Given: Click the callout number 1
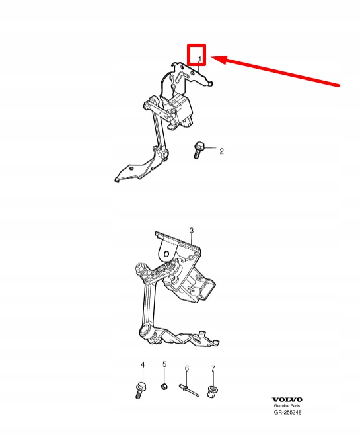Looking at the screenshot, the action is click(199, 59).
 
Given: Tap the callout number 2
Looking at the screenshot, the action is click(221, 151).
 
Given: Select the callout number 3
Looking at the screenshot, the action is click(192, 231).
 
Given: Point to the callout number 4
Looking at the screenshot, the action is click(143, 365).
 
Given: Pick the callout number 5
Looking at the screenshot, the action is click(164, 364).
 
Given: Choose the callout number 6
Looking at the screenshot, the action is click(187, 368).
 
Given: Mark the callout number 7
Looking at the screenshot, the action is click(213, 369).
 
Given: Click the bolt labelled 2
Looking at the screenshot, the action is click(198, 150).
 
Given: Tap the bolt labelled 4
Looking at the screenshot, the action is click(141, 390).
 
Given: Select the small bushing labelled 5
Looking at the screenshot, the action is click(164, 387).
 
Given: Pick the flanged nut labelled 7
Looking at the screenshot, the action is click(213, 391).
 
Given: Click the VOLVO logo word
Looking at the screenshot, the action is click(287, 400).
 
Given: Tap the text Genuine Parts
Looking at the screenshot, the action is click(287, 406).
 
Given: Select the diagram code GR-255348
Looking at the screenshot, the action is click(287, 412).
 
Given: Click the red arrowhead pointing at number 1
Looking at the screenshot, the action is click(220, 59).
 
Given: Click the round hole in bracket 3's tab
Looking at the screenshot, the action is click(166, 254).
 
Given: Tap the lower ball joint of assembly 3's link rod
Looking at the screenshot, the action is click(146, 332).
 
